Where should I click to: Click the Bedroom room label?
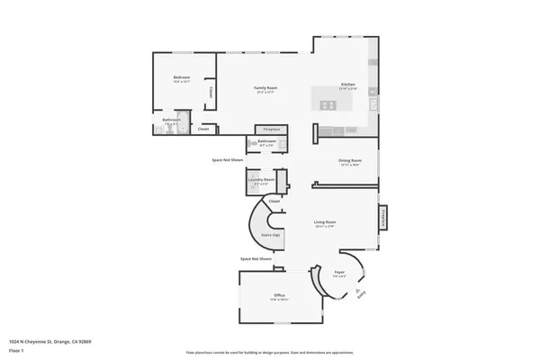tap(181, 78)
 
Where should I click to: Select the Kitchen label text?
tap(347, 85)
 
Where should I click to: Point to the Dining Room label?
tap(349, 161)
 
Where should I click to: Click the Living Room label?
tap(325, 222)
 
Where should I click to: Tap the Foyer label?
tap(339, 272)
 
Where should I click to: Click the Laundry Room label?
tap(263, 181)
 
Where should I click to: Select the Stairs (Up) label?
tap(271, 235)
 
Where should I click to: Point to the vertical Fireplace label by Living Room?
tap(382, 218)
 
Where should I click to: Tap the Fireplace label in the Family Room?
tap(271, 130)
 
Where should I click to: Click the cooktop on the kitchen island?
tap(326, 105)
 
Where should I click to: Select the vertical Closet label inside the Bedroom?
tap(211, 91)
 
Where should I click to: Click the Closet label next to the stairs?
tap(274, 201)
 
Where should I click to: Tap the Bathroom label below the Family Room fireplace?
tap(266, 141)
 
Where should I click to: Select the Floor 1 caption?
tap(17, 349)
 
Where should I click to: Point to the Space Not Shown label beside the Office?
tap(256, 258)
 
